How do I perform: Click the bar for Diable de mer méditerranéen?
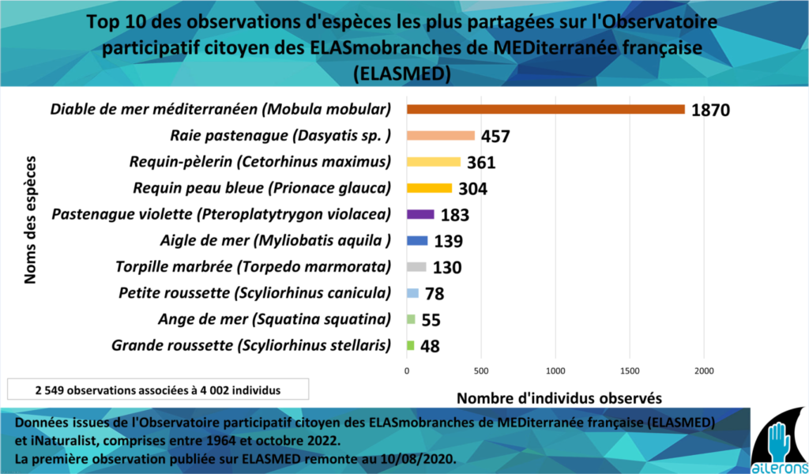545,109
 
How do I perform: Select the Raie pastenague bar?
440,136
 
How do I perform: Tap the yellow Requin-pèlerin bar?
433,162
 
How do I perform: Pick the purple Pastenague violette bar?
420,214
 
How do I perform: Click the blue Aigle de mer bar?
416,241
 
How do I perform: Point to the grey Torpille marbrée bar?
416,267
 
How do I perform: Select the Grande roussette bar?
410,345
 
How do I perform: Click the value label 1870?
710,111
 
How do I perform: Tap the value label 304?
472,189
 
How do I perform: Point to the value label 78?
434,294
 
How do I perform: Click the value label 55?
430,320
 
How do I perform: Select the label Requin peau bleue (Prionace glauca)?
262,188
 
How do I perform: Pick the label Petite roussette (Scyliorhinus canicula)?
254,293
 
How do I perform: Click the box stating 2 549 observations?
158,389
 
